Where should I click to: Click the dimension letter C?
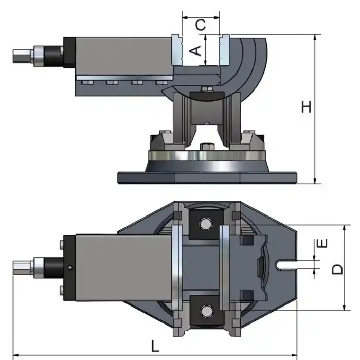click(201, 24)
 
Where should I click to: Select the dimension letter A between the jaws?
click(194, 50)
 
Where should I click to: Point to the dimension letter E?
click(322, 243)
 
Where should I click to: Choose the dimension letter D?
click(337, 268)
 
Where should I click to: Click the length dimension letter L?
click(155, 346)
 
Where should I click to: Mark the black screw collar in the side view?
click(52, 54)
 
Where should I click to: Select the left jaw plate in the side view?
click(176, 49)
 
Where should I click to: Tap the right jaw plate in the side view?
click(224, 49)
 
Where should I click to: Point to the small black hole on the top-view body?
click(69, 266)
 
